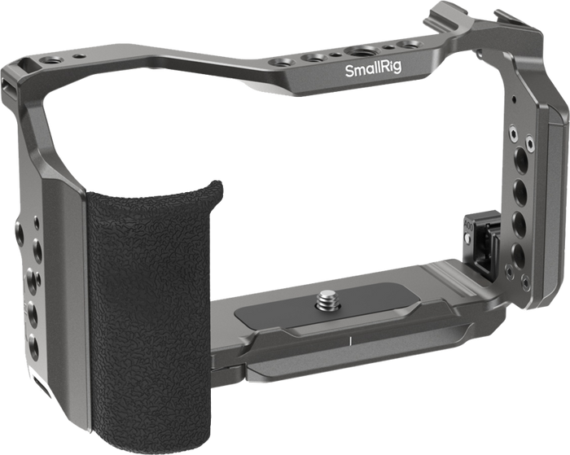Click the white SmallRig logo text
coord(373,69)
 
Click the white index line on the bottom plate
coord(349,340)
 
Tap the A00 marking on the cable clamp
coord(468,225)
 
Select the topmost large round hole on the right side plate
coord(521,160)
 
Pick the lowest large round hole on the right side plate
coord(518,256)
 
